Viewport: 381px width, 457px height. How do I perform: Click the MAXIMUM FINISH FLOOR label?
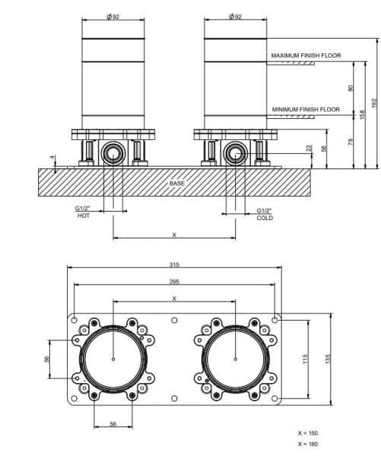pyautogui.click(x=306, y=56)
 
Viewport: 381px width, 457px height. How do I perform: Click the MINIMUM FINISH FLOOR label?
pyautogui.click(x=306, y=110)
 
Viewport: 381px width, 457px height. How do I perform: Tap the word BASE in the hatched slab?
pyautogui.click(x=177, y=184)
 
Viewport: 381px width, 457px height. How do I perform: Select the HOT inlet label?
pyautogui.click(x=84, y=216)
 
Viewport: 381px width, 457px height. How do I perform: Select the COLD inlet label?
pyautogui.click(x=265, y=218)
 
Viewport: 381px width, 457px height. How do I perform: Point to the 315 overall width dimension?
pyautogui.click(x=174, y=264)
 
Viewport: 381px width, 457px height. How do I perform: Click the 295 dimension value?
pyautogui.click(x=174, y=282)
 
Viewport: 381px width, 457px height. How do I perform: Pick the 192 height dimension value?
pyautogui.click(x=374, y=103)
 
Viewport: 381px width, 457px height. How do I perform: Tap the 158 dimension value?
pyautogui.click(x=362, y=114)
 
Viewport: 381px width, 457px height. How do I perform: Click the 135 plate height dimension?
pyautogui.click(x=328, y=359)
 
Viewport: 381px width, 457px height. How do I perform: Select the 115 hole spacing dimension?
pyautogui.click(x=305, y=359)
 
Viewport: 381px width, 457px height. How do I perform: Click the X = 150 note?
pyautogui.click(x=308, y=433)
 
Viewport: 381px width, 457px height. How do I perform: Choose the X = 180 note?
pyautogui.click(x=308, y=444)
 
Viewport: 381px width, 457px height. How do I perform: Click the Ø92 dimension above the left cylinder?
pyautogui.click(x=113, y=17)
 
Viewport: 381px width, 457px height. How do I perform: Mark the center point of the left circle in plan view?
pyautogui.click(x=113, y=360)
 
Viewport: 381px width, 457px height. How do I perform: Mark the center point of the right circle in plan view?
pyautogui.click(x=236, y=360)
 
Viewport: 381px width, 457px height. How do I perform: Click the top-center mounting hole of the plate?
pyautogui.click(x=174, y=321)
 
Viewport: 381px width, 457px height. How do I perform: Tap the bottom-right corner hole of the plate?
pyautogui.click(x=275, y=398)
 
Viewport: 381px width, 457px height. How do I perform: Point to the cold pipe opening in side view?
pyautogui.click(x=236, y=154)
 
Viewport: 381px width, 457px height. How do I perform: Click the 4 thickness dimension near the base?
pyautogui.click(x=52, y=158)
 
